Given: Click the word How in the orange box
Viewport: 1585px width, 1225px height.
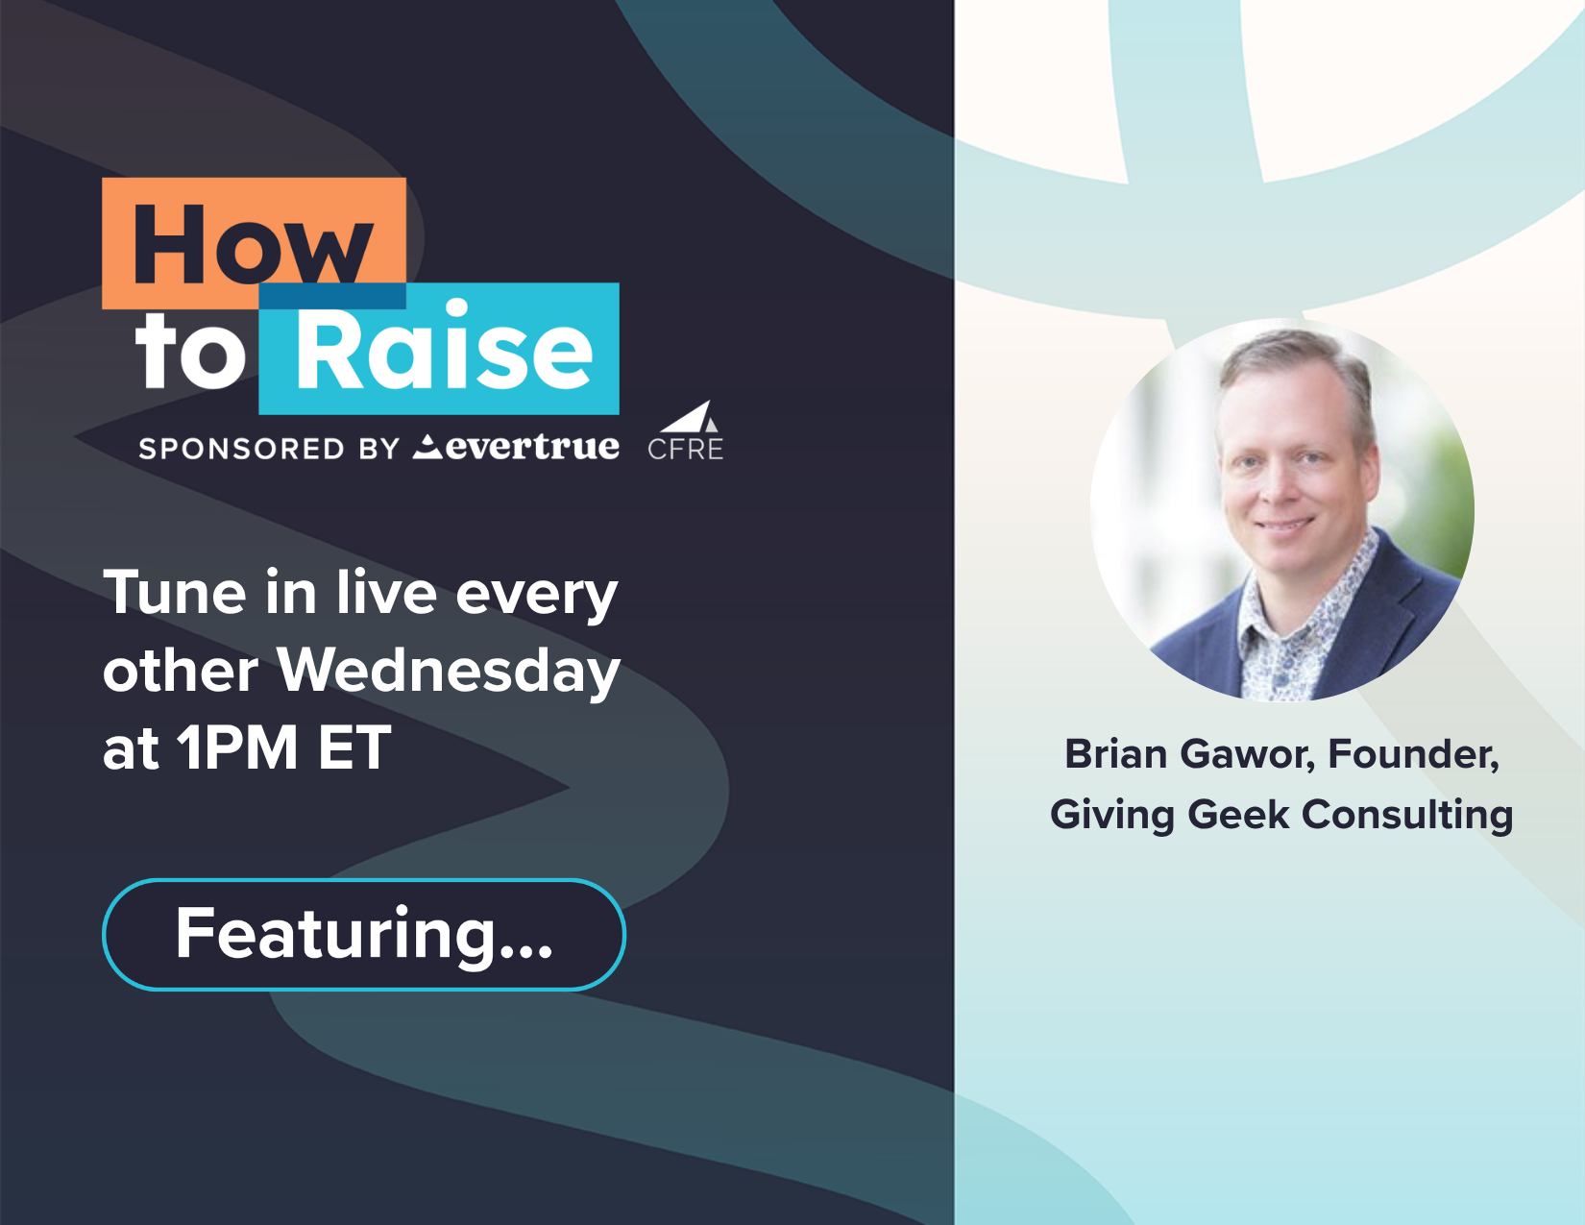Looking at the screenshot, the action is (253, 243).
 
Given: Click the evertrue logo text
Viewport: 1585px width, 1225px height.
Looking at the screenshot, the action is (517, 447).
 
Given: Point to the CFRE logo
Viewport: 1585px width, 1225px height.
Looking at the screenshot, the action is (686, 431).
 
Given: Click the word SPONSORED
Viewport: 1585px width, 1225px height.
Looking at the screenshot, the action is (241, 449).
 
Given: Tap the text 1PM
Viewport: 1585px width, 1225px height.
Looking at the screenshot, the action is (237, 747).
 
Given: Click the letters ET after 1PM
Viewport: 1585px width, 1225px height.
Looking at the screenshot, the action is (354, 747).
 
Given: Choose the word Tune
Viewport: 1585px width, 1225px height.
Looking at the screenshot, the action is (175, 592).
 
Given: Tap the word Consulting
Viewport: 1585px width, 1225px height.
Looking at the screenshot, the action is (1407, 815).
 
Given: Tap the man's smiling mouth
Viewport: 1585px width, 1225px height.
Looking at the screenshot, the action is (1282, 524).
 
